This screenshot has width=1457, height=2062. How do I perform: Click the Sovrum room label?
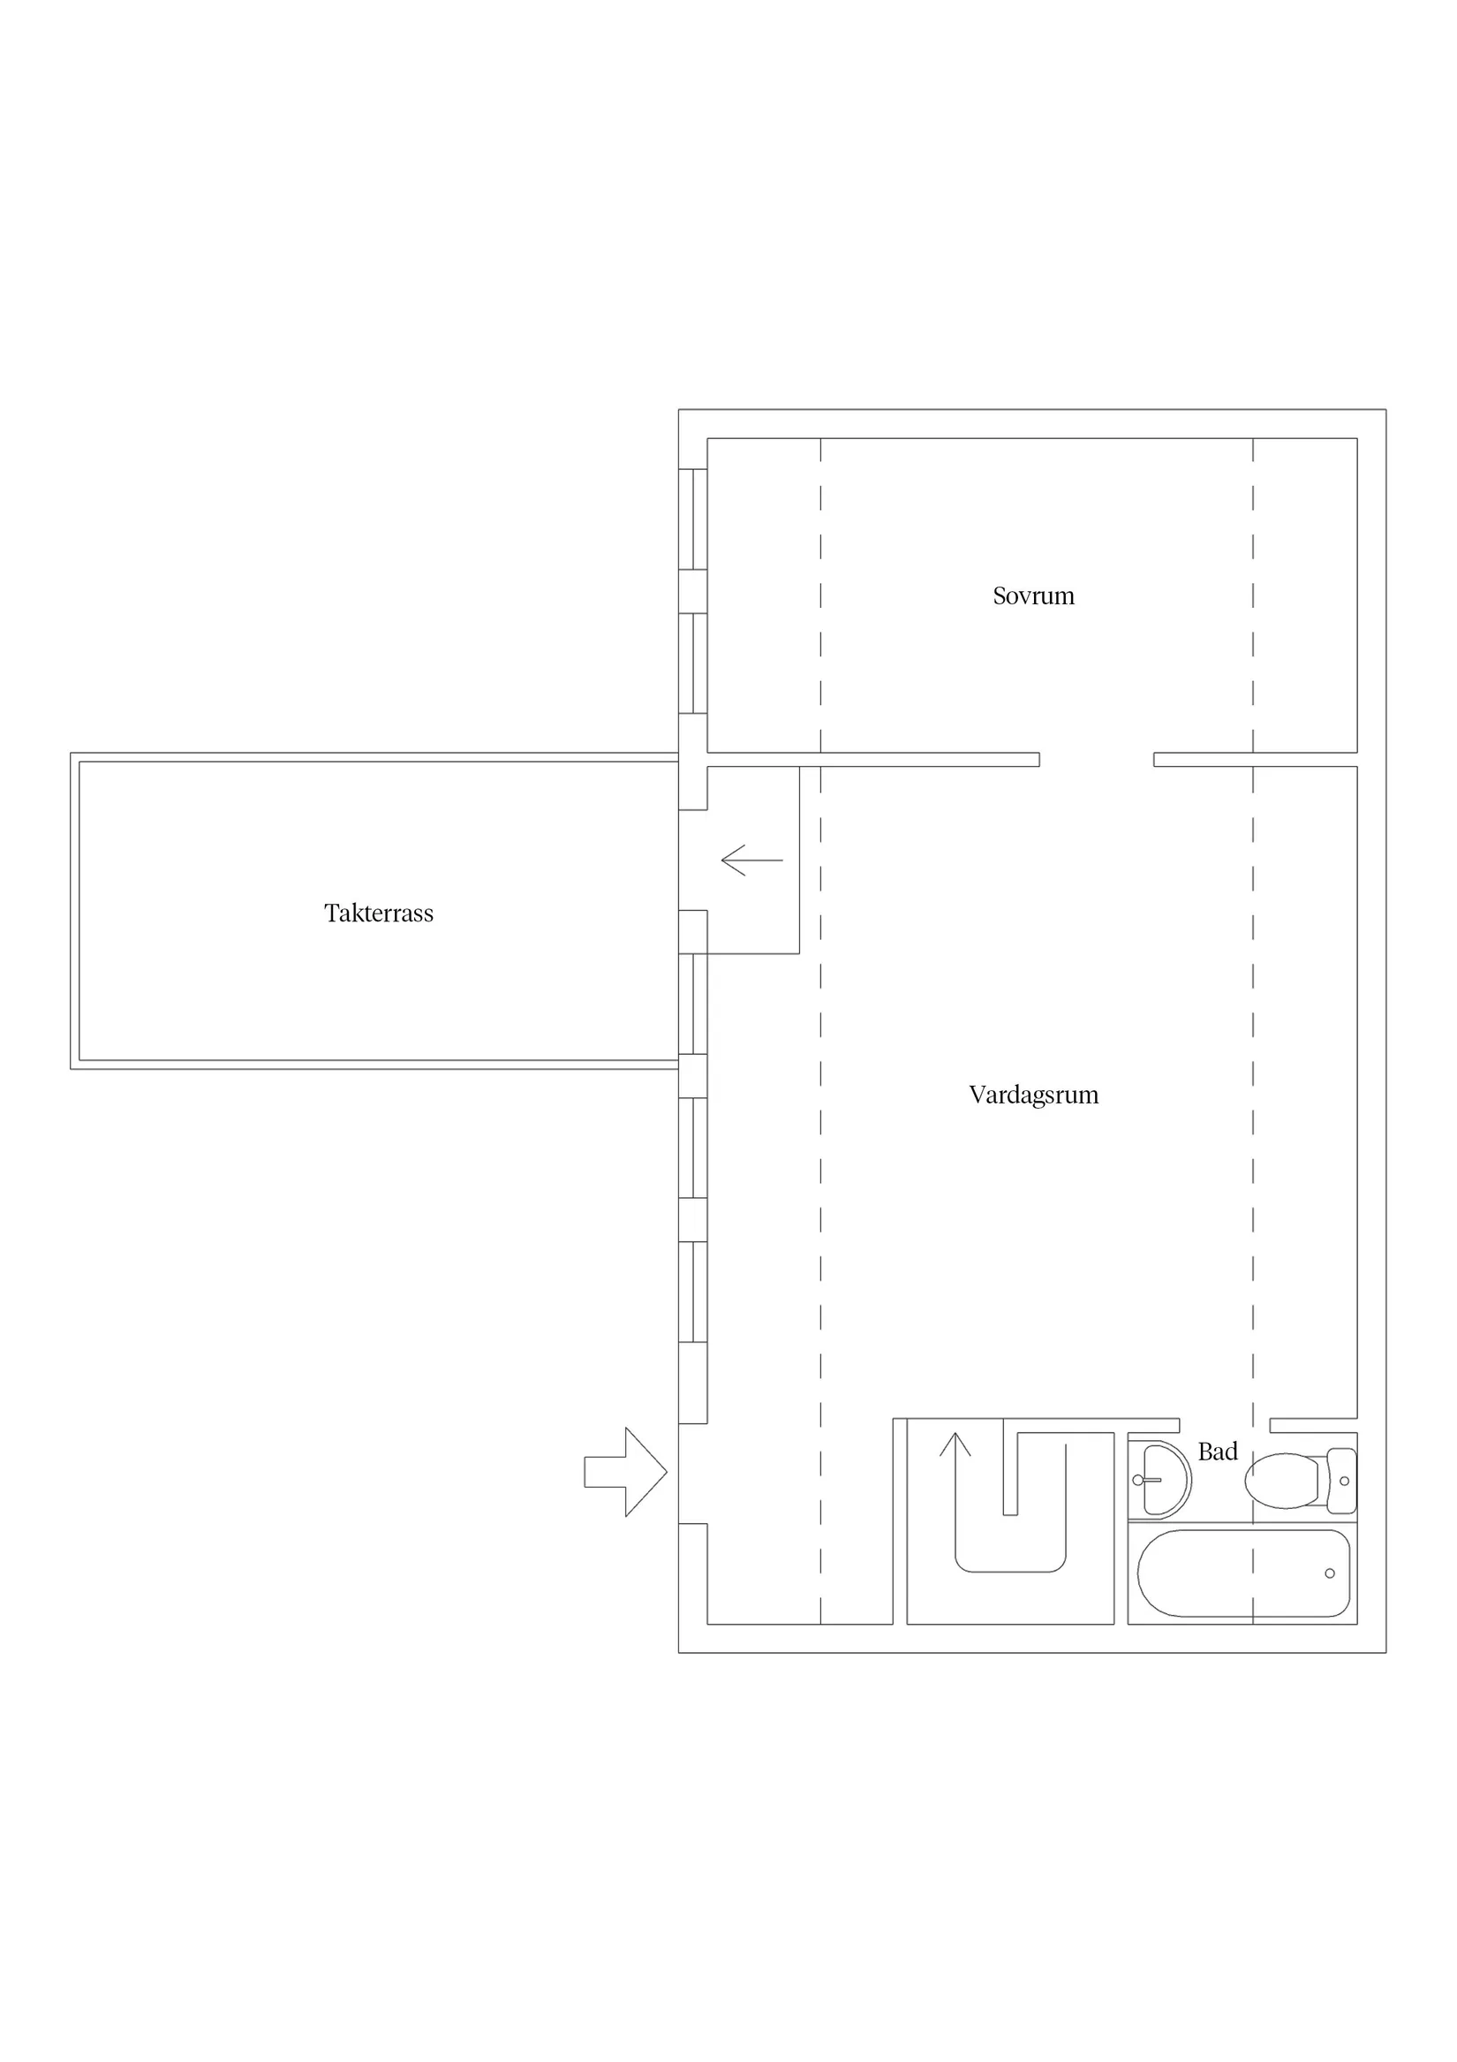coord(1033,595)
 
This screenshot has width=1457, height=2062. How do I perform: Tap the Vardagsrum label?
coord(1033,1095)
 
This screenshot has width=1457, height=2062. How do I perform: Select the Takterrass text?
coord(379,913)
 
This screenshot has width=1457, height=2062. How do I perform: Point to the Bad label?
coord(1218,1452)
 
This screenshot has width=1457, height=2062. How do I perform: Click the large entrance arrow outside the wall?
coord(626,1472)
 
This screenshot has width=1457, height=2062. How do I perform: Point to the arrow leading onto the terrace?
coord(751,860)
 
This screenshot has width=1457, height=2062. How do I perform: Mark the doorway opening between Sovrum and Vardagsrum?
coord(1096,760)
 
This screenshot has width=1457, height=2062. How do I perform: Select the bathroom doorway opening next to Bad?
coord(1225,1425)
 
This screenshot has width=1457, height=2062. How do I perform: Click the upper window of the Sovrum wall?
coord(692,519)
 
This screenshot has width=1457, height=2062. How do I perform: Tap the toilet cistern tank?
coord(1341,1481)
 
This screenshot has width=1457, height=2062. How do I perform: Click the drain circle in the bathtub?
coord(1330,1573)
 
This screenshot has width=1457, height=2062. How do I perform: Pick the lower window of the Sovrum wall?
coord(692,663)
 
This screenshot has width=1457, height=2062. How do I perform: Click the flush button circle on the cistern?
coord(1344,1481)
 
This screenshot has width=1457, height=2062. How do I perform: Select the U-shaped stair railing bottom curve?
coord(1011,1572)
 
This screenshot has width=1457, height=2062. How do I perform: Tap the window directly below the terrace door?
coord(692,1004)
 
